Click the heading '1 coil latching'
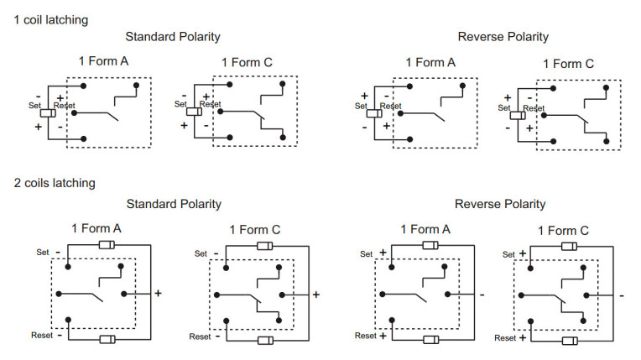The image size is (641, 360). click(51, 18)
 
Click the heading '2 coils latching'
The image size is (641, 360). click(55, 182)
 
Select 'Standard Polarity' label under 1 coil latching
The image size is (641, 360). click(173, 37)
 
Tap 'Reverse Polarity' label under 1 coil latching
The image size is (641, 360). click(503, 37)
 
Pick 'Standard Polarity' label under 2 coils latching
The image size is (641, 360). click(173, 204)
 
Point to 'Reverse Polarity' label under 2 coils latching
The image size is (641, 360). click(500, 204)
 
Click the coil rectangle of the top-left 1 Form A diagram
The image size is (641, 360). click(49, 112)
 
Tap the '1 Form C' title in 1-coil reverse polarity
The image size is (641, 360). click(568, 64)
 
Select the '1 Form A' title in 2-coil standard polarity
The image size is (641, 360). click(96, 228)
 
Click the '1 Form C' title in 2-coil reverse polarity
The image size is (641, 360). click(563, 231)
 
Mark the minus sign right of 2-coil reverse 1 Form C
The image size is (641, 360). click(622, 295)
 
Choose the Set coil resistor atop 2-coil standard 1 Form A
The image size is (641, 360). click(107, 245)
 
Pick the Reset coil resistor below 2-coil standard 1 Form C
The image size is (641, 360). click(265, 341)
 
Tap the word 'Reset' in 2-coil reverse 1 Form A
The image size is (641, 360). click(366, 336)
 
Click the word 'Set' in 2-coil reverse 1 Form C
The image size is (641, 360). click(508, 254)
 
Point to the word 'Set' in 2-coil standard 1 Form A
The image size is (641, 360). click(44, 251)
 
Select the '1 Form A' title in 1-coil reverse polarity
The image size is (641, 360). click(430, 62)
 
